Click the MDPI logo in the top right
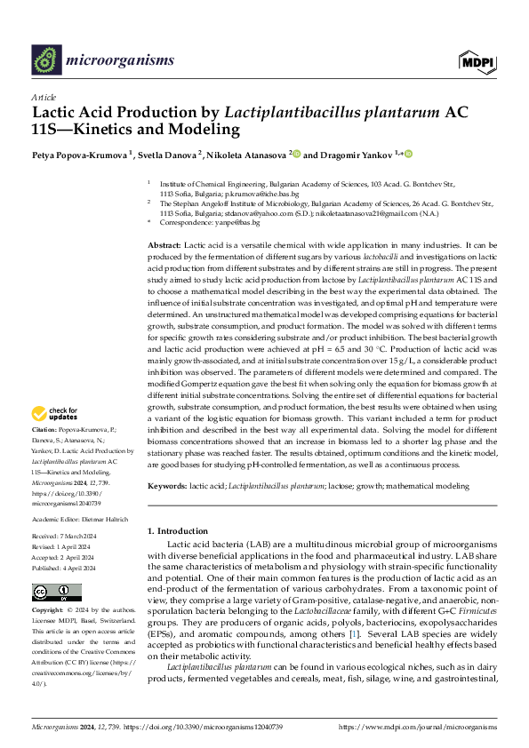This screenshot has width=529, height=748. pyautogui.click(x=477, y=60)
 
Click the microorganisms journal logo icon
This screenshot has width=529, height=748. pyautogui.click(x=46, y=60)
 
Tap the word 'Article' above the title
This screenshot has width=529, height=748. pyautogui.click(x=44, y=96)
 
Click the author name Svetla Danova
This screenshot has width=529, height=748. pyautogui.click(x=168, y=154)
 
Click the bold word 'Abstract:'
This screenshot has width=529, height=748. pyautogui.click(x=164, y=244)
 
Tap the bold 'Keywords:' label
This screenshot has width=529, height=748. pyautogui.click(x=167, y=487)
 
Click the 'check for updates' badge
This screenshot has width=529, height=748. pyautogui.click(x=55, y=413)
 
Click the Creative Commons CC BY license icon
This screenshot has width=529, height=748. pyautogui.click(x=51, y=592)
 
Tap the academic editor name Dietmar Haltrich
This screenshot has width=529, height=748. pyautogui.click(x=106, y=518)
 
